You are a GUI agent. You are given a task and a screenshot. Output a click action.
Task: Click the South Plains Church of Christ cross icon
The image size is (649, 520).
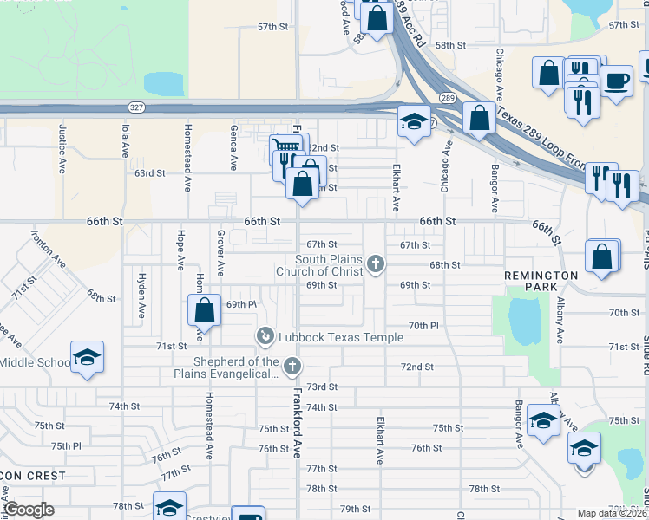[376, 263]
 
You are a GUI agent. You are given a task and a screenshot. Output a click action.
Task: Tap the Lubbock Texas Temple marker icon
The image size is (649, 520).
[265, 335]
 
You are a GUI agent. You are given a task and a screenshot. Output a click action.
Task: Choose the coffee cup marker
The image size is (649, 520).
[617, 82]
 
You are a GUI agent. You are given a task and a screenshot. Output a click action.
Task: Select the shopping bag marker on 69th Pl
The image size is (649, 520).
[204, 309]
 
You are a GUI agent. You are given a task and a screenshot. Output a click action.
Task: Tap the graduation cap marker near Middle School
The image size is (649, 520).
[87, 357]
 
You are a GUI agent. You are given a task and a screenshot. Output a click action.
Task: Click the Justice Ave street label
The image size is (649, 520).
[62, 140]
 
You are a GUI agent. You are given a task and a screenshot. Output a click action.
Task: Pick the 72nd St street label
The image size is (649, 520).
[416, 367]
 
